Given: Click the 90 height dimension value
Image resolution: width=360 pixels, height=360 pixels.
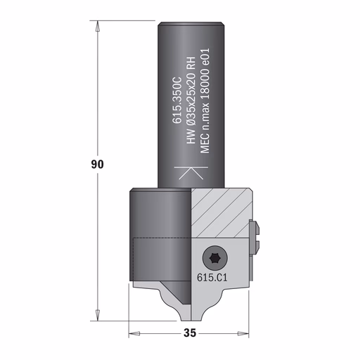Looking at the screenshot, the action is (x=97, y=164).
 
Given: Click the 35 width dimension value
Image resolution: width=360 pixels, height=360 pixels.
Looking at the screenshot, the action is (x=190, y=333).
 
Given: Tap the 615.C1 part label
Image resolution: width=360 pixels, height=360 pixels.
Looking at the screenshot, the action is (x=212, y=278).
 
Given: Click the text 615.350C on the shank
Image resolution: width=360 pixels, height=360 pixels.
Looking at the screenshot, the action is (x=177, y=100).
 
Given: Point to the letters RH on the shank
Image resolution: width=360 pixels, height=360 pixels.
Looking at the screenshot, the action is (x=191, y=63).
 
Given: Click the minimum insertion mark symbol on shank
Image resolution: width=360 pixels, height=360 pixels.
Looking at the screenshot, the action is (x=191, y=173).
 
